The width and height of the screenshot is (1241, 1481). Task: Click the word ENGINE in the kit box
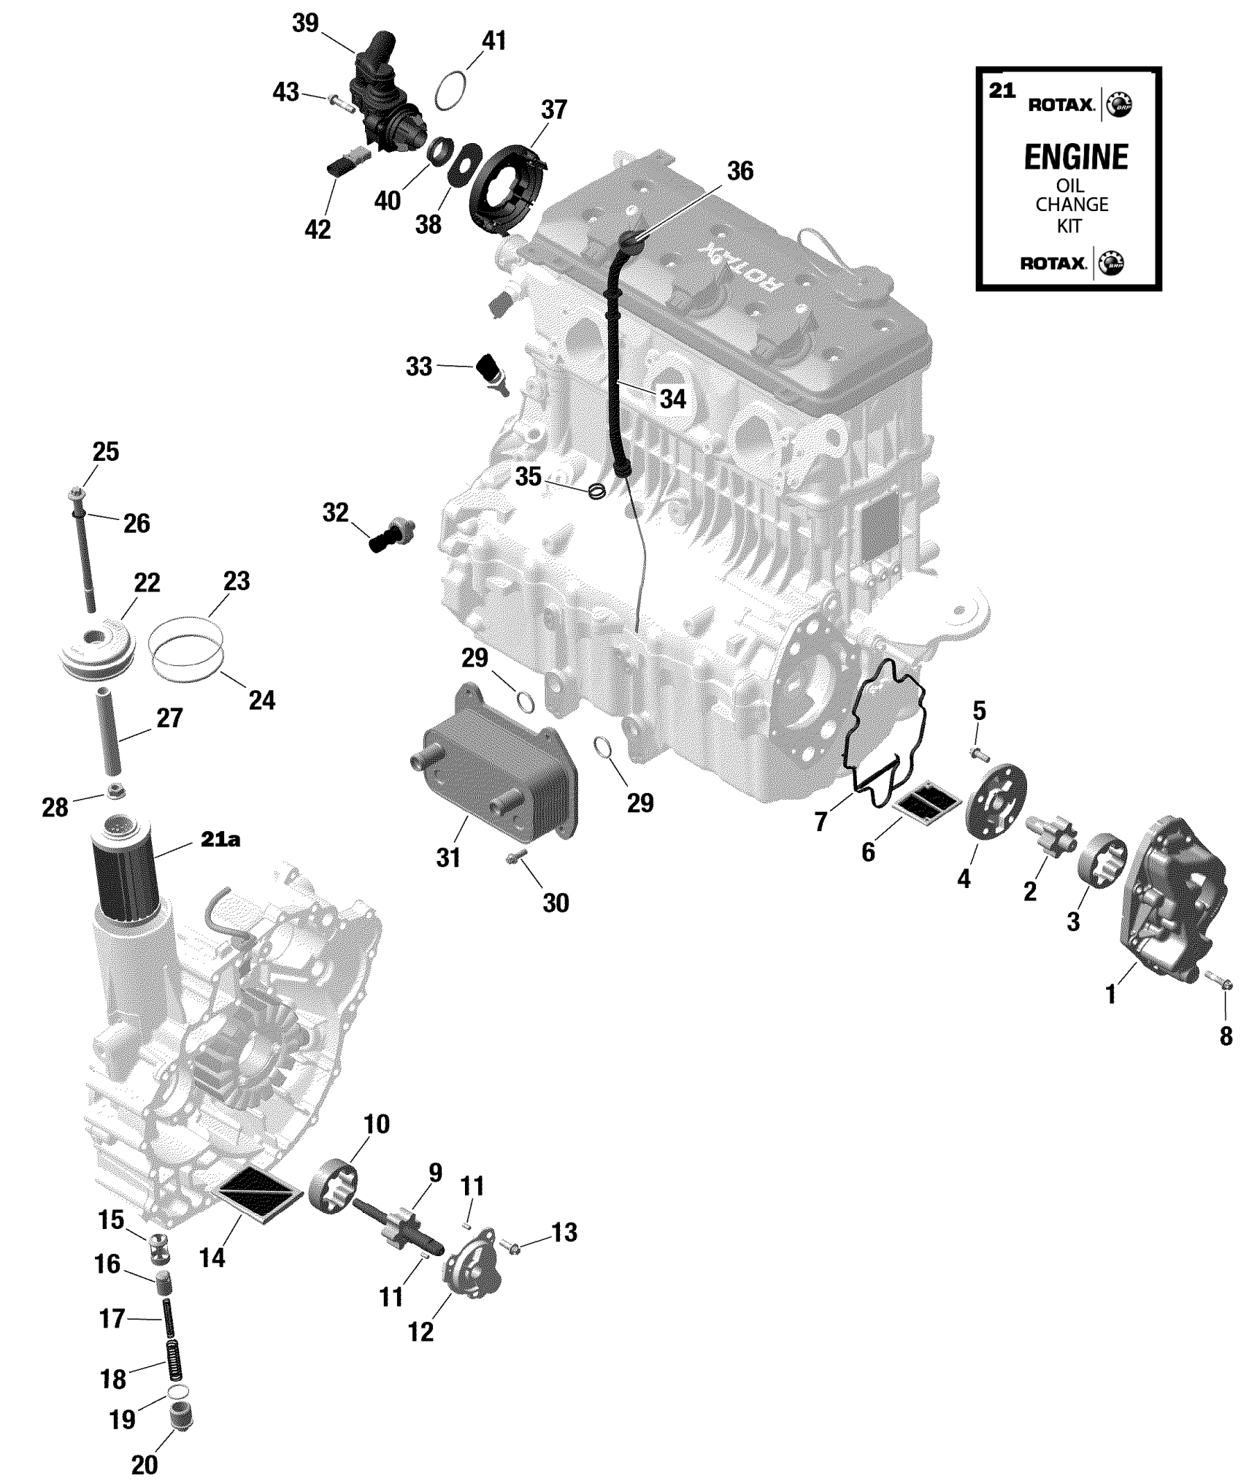click(1076, 157)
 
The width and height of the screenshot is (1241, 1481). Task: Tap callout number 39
click(305, 23)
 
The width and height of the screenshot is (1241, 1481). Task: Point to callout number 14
click(212, 1258)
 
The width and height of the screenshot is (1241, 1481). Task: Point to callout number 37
click(554, 110)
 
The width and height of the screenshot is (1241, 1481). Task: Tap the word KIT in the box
click(1069, 226)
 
